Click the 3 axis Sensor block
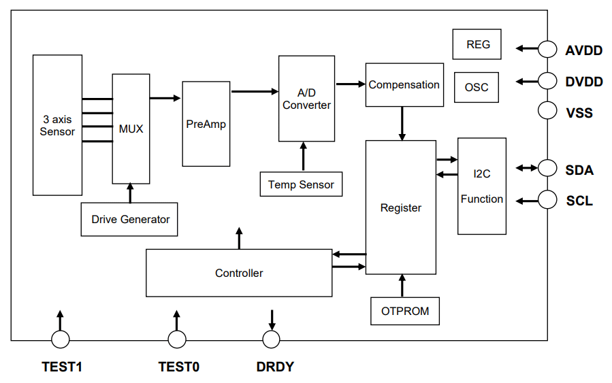57,125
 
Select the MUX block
131,129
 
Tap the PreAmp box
206,124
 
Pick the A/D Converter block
306,99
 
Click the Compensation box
404,85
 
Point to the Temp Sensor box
301,184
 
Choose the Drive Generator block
129,219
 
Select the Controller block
239,273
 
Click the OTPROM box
405,311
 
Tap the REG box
477,45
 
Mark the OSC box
477,88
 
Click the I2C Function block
482,186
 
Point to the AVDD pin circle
547,49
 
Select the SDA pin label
579,170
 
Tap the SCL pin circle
547,200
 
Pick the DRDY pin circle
272,339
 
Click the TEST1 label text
62,367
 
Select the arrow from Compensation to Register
403,123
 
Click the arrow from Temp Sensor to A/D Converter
304,157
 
